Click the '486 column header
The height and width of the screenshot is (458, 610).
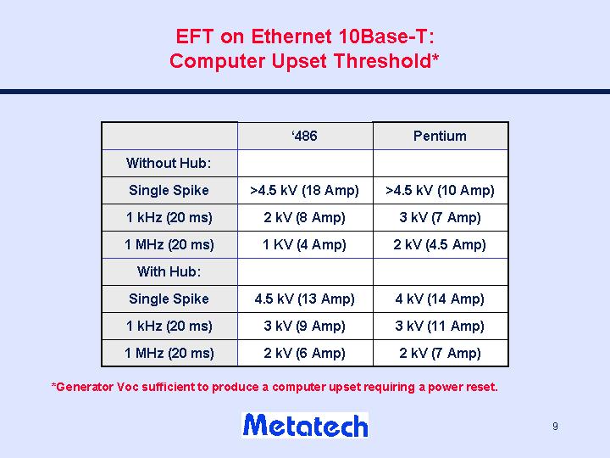pos(304,136)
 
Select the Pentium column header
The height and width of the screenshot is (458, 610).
pos(440,136)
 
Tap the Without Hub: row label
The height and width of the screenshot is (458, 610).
pos(169,163)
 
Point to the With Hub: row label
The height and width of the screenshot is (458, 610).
pos(169,271)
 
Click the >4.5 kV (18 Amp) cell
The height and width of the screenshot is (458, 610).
pos(304,191)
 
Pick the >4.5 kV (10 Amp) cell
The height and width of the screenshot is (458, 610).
pos(440,191)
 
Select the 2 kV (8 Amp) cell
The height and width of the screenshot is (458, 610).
pos(304,217)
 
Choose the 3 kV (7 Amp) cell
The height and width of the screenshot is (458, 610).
pos(440,217)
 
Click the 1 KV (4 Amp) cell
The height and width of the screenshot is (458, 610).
pos(304,244)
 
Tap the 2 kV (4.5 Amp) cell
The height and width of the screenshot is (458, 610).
pos(440,244)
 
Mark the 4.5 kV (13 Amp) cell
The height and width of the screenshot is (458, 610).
pos(304,299)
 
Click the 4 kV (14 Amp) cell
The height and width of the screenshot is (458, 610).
pos(440,299)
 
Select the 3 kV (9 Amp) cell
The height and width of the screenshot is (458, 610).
pos(304,326)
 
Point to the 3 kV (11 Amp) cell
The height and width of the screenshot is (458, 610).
pos(440,326)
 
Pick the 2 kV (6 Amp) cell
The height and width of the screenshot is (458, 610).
pos(304,353)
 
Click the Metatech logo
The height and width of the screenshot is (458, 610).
pos(305,425)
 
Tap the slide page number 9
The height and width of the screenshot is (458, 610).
pos(555,427)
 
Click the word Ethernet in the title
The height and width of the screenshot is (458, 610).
pos(291,36)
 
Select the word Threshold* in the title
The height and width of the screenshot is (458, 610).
pos(386,61)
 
